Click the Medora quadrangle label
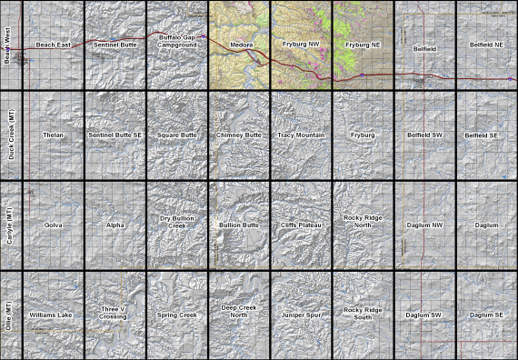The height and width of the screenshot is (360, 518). pyautogui.click(x=240, y=45)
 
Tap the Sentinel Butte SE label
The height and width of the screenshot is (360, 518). pyautogui.click(x=115, y=135)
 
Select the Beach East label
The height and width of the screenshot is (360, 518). pyautogui.click(x=53, y=45)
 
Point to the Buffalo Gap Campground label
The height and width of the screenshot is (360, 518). pyautogui.click(x=176, y=41)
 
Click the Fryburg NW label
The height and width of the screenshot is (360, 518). pyautogui.click(x=302, y=45)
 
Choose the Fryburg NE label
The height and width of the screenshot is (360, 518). pyautogui.click(x=363, y=45)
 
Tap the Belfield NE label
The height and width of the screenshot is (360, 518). pyautogui.click(x=486, y=45)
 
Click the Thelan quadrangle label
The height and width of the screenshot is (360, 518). pyautogui.click(x=53, y=135)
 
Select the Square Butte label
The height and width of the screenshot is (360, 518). pyautogui.click(x=176, y=135)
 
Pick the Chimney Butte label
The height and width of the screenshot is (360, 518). pyautogui.click(x=239, y=135)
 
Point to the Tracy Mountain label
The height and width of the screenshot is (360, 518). pyautogui.click(x=301, y=135)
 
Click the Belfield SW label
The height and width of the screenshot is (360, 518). pyautogui.click(x=424, y=135)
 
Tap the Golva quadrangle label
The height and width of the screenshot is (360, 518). pyautogui.click(x=53, y=224)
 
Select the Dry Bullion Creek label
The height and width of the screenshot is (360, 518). pyautogui.click(x=176, y=221)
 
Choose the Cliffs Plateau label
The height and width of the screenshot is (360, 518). pyautogui.click(x=301, y=224)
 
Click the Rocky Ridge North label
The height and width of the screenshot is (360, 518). pyautogui.click(x=363, y=221)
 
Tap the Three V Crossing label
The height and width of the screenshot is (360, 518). pyautogui.click(x=115, y=312)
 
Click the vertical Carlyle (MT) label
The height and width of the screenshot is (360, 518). pyautogui.click(x=9, y=224)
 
